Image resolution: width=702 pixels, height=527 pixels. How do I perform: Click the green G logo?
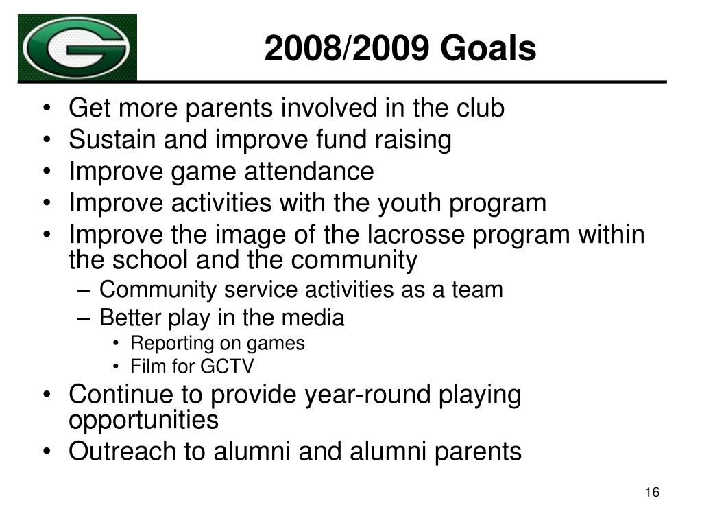point(77,47)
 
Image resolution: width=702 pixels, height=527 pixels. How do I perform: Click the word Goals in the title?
point(488,48)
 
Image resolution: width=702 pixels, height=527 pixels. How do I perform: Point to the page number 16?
point(652,492)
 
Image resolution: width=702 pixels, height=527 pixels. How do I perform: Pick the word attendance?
point(309,171)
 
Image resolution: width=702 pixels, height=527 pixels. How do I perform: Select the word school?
point(150,260)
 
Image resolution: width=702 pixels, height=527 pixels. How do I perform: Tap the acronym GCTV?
point(227,366)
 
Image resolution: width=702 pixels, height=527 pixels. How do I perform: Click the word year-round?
point(367,395)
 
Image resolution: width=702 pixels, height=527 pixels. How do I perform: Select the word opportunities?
point(144,421)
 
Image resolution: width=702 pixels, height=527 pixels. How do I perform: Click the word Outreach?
point(122,451)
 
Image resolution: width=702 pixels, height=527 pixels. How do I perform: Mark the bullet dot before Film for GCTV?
point(117,366)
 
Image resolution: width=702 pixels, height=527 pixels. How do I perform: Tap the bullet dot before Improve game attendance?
point(47,172)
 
